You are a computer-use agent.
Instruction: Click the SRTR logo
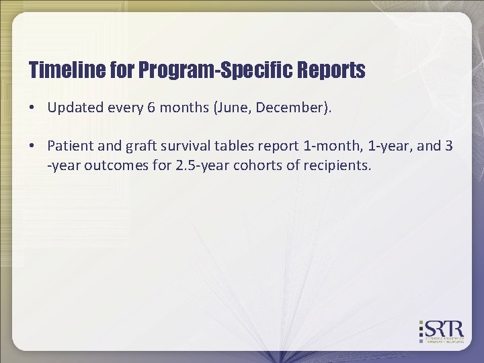coord(441,330)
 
